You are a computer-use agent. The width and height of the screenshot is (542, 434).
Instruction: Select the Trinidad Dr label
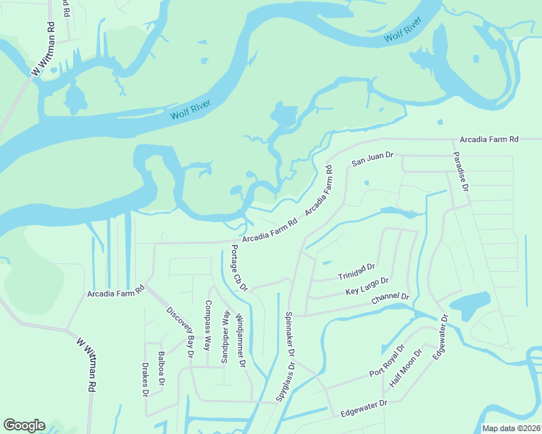pos(356,272)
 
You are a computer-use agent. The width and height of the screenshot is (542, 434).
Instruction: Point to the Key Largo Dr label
pos(367,286)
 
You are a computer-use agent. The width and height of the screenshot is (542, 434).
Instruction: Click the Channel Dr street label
pos(391,299)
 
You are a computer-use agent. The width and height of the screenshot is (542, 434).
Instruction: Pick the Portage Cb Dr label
pos(238,268)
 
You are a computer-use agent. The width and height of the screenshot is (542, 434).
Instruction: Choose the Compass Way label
pos(208,325)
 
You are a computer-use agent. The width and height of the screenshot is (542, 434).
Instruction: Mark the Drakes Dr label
pos(145,380)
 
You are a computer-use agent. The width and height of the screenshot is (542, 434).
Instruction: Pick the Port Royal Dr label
pos(385,364)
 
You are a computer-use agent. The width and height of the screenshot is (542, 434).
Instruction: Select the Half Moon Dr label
pos(406,367)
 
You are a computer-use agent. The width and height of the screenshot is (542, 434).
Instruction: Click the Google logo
pos(24,425)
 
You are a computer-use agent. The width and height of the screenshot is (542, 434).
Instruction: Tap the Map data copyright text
pos(510,428)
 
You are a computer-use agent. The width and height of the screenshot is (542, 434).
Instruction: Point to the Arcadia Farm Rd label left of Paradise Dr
pos(489,139)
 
